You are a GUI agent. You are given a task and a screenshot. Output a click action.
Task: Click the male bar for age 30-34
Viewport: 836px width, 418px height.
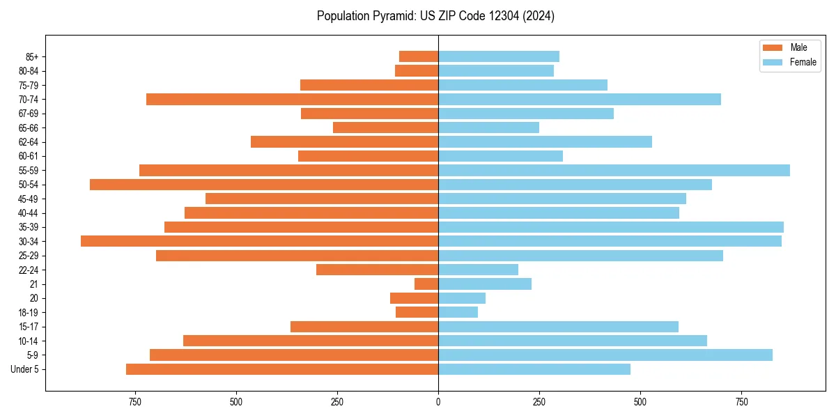click(259, 241)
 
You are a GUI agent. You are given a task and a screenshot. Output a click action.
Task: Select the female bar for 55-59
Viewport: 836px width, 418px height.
click(614, 170)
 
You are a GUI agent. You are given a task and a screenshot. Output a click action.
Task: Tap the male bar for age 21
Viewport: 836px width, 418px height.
click(426, 284)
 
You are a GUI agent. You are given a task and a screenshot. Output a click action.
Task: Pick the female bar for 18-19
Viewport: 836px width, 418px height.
click(458, 312)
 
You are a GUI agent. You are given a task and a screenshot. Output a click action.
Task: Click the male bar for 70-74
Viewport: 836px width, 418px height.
click(292, 99)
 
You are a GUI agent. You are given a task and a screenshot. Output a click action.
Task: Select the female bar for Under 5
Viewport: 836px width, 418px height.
click(534, 369)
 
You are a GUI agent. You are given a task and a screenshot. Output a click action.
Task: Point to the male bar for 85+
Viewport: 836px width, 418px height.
click(419, 56)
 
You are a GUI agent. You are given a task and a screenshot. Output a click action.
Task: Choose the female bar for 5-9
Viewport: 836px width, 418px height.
click(605, 355)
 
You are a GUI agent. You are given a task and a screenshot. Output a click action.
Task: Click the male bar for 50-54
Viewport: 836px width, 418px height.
click(264, 185)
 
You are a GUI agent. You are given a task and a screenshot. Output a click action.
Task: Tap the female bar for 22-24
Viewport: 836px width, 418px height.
click(478, 270)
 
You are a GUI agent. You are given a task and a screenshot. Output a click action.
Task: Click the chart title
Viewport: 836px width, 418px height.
click(435, 16)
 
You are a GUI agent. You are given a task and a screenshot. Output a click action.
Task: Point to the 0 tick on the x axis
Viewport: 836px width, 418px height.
click(438, 402)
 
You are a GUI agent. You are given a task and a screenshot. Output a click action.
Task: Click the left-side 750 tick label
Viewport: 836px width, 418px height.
click(135, 402)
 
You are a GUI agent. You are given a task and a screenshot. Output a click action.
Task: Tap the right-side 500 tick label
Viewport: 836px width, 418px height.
click(640, 402)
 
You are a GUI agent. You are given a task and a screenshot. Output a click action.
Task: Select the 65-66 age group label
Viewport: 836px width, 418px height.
click(29, 127)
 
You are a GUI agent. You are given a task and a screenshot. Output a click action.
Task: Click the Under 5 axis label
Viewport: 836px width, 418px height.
click(24, 369)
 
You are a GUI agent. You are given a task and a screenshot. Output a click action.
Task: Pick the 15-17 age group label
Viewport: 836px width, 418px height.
click(29, 327)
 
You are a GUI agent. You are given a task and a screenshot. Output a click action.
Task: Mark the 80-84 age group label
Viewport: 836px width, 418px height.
click(29, 70)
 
